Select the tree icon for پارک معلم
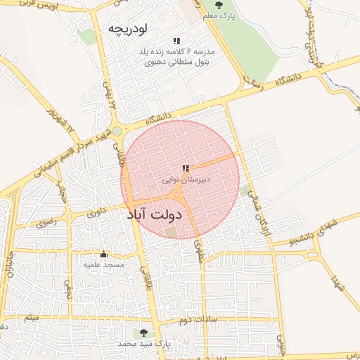tap(217, 5)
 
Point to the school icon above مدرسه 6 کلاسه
tap(176, 41)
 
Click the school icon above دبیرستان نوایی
tap(186, 169)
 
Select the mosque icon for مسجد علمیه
tap(104, 254)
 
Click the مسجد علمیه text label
tap(104, 265)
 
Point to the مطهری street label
tap(199, 251)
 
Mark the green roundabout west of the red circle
tap(117, 131)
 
